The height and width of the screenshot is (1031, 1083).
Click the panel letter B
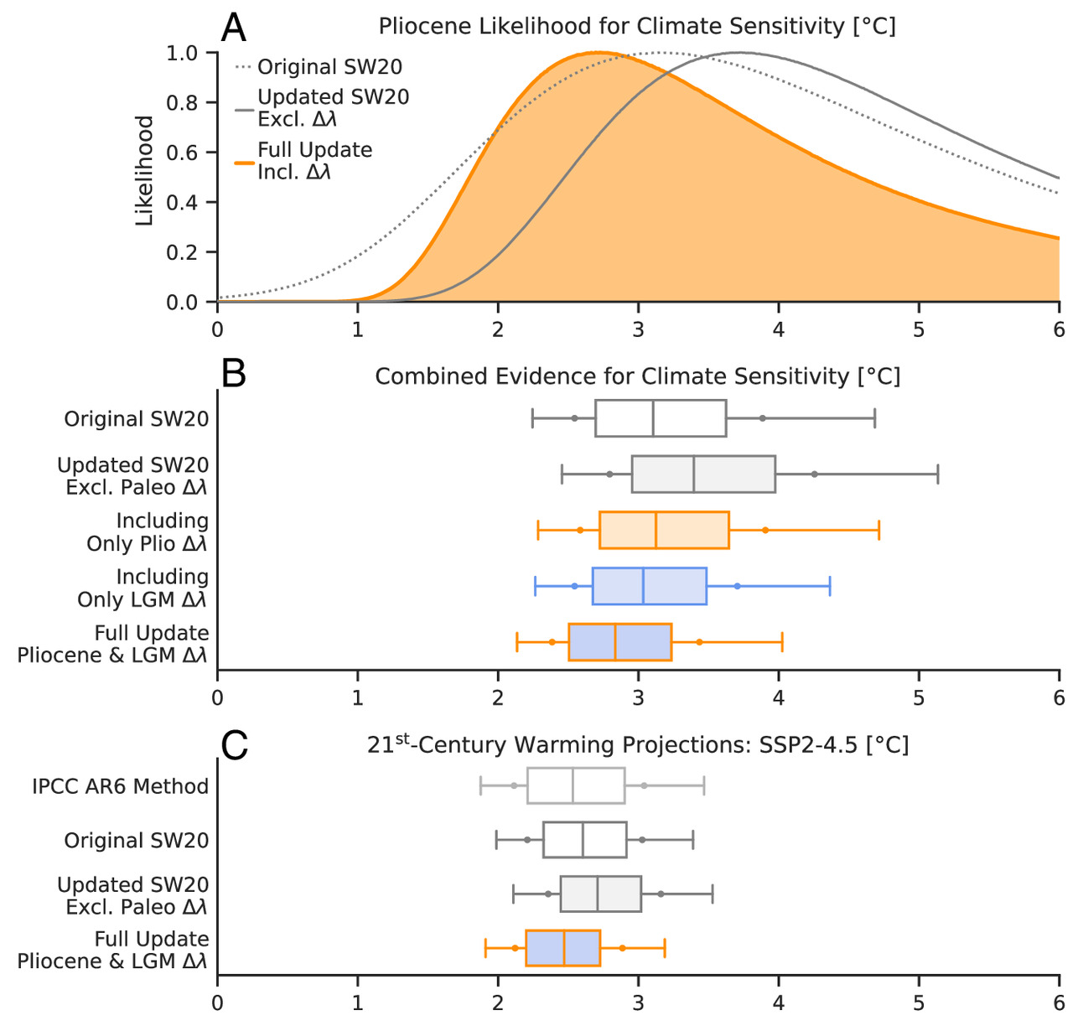coord(234,374)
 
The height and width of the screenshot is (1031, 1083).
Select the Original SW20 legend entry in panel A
coord(319,67)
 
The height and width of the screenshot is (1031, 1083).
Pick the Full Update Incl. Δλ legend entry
coord(314,161)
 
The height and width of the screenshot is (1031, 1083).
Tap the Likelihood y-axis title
coord(145,171)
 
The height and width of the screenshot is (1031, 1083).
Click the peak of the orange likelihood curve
coord(598,53)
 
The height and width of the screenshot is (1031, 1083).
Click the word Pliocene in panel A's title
coord(421,26)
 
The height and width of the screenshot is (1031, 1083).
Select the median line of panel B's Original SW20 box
coord(653,418)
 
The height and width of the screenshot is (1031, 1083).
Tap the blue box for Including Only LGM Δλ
coord(650,586)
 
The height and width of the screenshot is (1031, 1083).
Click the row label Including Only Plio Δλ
coord(148,532)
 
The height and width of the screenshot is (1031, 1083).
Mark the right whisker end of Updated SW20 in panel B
coord(937,474)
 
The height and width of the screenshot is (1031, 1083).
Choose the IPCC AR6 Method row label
coord(120,787)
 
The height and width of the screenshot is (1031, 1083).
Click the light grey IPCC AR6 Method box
coord(576,785)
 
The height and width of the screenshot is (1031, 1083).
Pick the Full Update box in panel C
coord(562,948)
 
